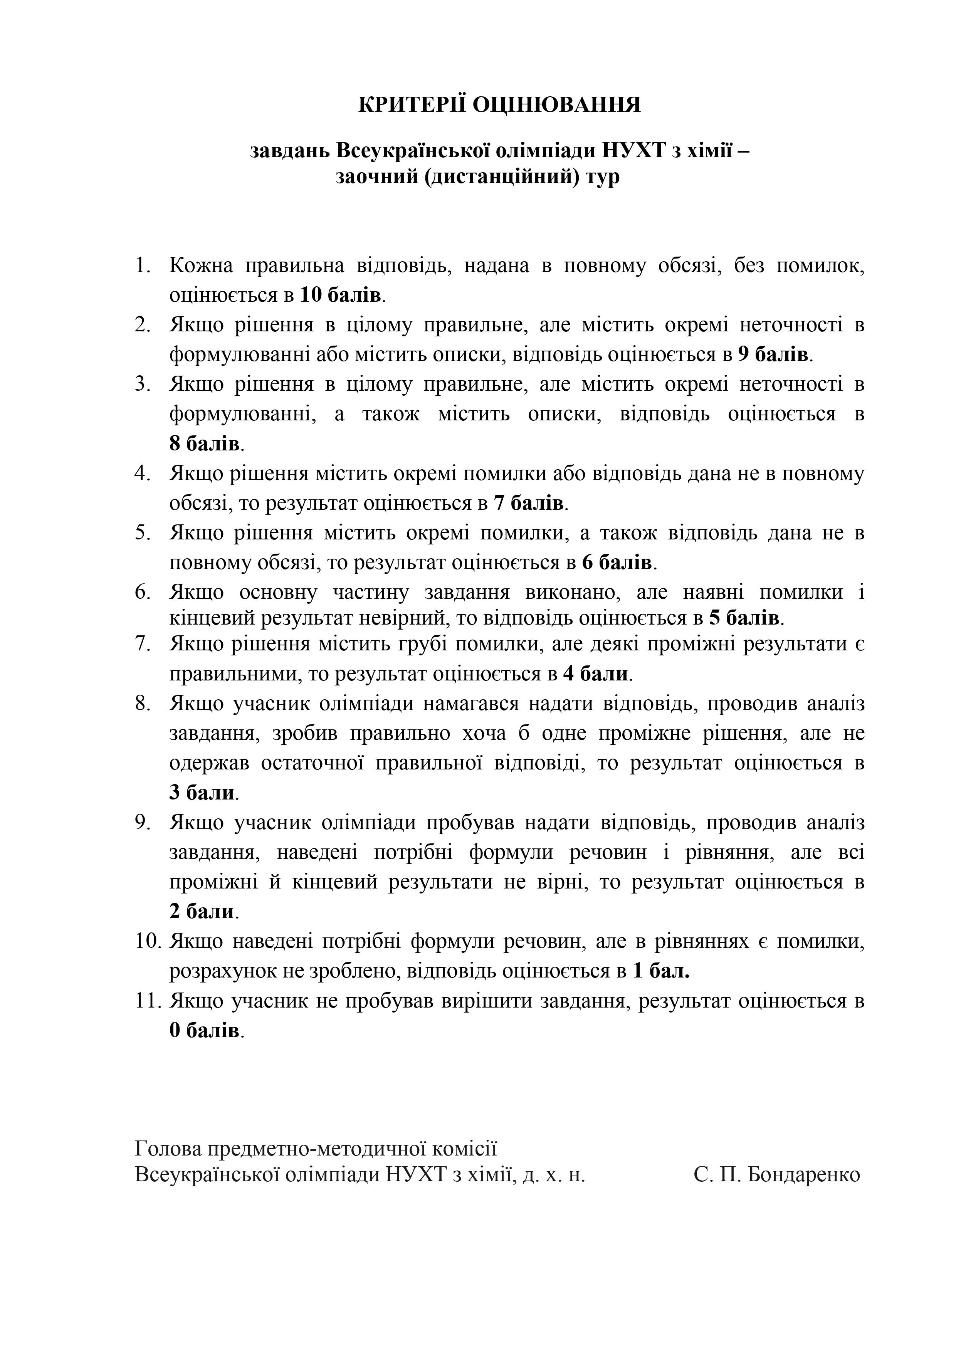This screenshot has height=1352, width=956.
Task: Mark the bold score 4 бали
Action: coord(595,673)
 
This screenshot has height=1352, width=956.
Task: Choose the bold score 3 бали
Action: coord(202,793)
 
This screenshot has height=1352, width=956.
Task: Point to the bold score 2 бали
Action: coord(202,912)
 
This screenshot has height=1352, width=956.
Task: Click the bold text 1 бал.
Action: coord(660,971)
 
